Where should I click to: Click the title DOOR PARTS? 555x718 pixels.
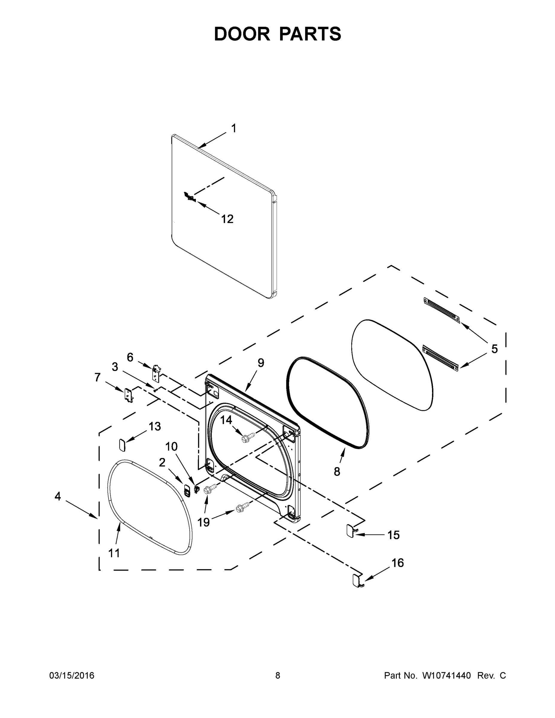[278, 34]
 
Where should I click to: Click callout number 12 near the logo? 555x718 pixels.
[227, 219]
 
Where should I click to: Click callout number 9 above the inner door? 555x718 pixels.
[261, 363]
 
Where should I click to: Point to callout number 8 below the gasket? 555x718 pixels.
[337, 472]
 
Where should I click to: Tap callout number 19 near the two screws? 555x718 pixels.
[203, 522]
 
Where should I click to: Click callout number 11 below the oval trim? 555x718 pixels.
[114, 553]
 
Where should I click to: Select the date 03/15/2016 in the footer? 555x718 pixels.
[72, 675]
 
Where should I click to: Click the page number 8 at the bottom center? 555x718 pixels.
[278, 675]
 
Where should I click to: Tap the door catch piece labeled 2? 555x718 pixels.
[187, 491]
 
